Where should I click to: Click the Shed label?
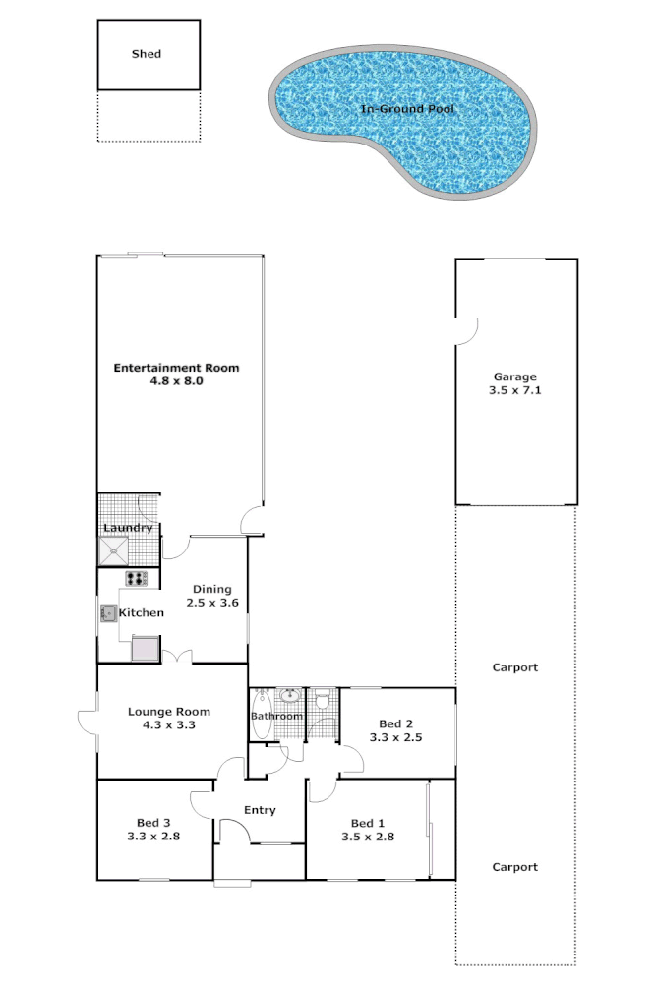click(x=147, y=54)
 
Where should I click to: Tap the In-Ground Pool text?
click(x=407, y=109)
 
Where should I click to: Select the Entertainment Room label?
click(x=176, y=368)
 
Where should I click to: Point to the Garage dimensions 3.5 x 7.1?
click(x=515, y=390)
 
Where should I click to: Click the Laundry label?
click(x=128, y=528)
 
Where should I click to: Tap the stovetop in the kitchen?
click(x=136, y=579)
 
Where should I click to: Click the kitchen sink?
click(x=108, y=613)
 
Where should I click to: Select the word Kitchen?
click(x=142, y=613)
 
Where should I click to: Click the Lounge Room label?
click(x=169, y=712)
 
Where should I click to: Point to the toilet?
click(x=323, y=700)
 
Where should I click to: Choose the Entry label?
click(x=260, y=810)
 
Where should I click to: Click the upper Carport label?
click(x=515, y=667)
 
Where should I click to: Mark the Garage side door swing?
click(x=467, y=330)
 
